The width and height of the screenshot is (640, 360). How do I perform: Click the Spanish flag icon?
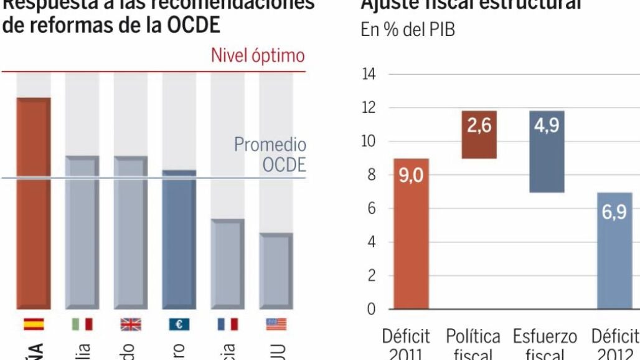point(33,324)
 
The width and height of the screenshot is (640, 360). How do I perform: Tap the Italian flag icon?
point(82,324)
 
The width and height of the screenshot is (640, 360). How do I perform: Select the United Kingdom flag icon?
point(130,324)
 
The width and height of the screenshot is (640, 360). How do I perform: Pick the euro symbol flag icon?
point(179,324)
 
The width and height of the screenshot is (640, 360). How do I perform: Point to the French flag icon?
point(227,324)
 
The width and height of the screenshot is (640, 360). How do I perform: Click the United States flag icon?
point(275,324)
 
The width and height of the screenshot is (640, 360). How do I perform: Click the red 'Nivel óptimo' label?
point(258,56)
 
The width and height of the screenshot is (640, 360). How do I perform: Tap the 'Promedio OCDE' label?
point(270,154)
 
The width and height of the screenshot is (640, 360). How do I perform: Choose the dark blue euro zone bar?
point(179,240)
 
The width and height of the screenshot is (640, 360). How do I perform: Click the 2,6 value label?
point(479,125)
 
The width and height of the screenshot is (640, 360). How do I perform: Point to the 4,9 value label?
point(546,125)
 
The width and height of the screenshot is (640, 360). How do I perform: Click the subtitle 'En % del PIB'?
point(408,31)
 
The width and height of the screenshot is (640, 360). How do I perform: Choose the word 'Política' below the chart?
point(473,336)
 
